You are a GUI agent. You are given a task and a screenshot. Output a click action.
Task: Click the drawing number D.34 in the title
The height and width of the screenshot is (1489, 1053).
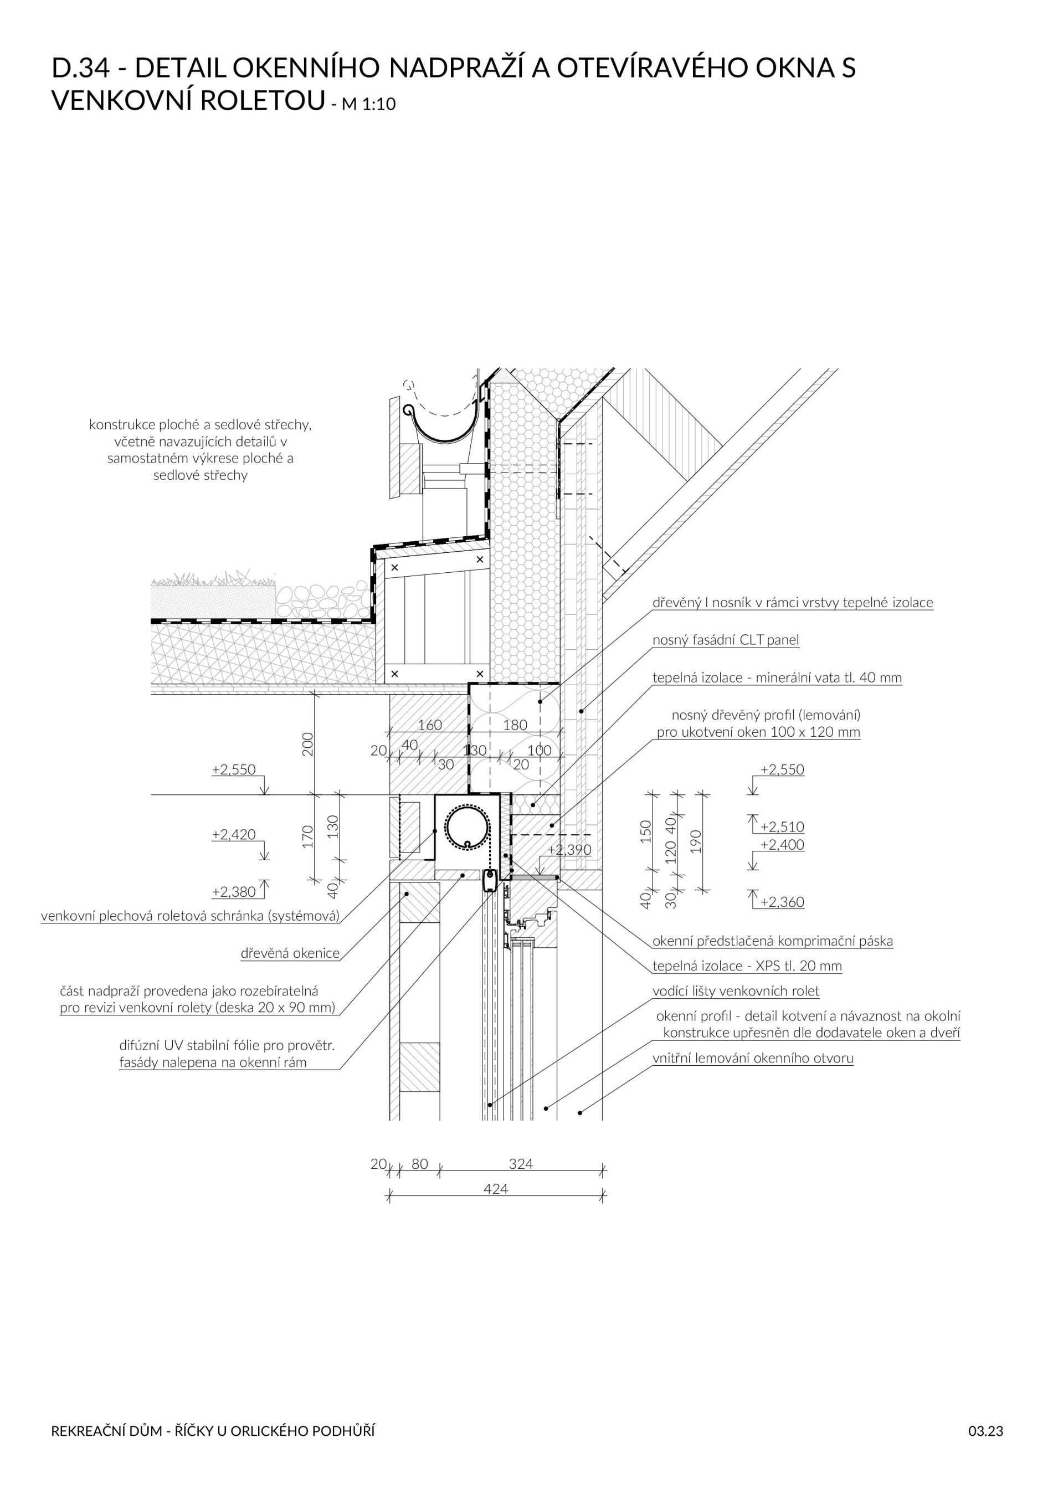(81, 68)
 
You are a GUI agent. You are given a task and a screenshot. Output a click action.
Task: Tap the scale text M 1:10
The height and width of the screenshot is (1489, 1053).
(368, 104)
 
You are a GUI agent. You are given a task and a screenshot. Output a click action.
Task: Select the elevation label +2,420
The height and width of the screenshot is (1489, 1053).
(233, 835)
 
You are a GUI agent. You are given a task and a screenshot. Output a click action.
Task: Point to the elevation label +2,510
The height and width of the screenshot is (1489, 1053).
(782, 827)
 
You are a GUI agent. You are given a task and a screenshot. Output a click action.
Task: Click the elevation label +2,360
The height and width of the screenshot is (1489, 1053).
(782, 902)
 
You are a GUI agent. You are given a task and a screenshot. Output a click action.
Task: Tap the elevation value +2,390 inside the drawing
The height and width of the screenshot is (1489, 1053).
(569, 850)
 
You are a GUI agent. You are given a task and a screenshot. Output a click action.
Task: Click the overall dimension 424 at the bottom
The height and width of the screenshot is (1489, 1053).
(496, 1189)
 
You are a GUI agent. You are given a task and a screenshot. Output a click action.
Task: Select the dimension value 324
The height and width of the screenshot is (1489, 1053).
(521, 1164)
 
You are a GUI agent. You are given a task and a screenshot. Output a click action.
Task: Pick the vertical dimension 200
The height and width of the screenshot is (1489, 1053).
(308, 744)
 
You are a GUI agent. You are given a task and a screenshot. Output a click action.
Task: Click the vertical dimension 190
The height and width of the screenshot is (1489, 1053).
(696, 841)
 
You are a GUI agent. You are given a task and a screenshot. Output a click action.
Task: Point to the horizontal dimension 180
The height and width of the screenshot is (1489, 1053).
(516, 725)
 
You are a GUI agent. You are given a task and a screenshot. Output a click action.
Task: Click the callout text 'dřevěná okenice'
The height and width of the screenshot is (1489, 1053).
(290, 953)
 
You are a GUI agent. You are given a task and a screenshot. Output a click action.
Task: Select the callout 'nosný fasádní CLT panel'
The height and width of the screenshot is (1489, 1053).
(726, 640)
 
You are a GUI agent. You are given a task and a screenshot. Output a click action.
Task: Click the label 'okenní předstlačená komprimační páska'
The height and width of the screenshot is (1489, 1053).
(772, 941)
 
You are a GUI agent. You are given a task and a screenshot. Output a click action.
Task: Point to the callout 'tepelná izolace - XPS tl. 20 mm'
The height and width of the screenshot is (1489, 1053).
(747, 966)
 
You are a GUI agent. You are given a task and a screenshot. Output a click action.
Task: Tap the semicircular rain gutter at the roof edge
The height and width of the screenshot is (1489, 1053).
(444, 425)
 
